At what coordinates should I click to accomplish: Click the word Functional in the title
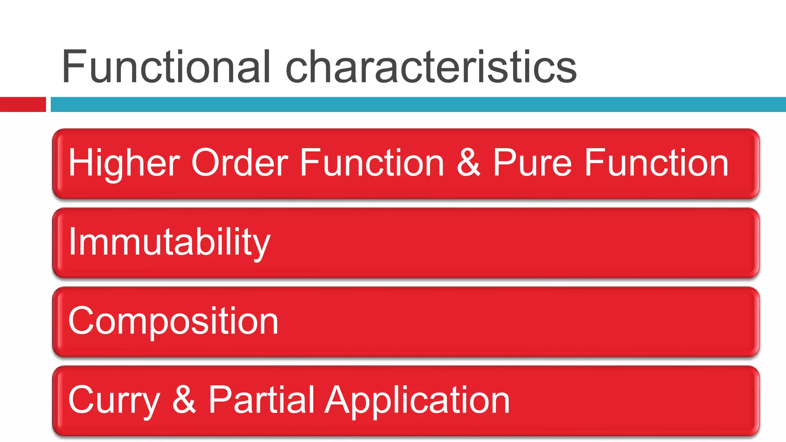(x=166, y=67)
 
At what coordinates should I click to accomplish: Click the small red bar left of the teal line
(x=23, y=104)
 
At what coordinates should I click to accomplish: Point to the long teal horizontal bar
(x=418, y=104)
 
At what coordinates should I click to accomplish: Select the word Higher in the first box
(x=124, y=163)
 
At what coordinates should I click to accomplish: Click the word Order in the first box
(x=239, y=163)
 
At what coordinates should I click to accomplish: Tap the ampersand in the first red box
(x=468, y=163)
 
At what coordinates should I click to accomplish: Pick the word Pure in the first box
(x=532, y=163)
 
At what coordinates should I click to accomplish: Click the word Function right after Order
(x=372, y=163)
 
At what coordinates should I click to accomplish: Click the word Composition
(x=173, y=322)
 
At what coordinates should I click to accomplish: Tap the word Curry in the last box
(x=114, y=401)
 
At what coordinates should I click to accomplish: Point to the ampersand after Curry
(x=184, y=400)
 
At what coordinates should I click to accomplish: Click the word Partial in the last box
(x=261, y=400)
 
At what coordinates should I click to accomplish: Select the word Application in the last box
(x=417, y=401)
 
